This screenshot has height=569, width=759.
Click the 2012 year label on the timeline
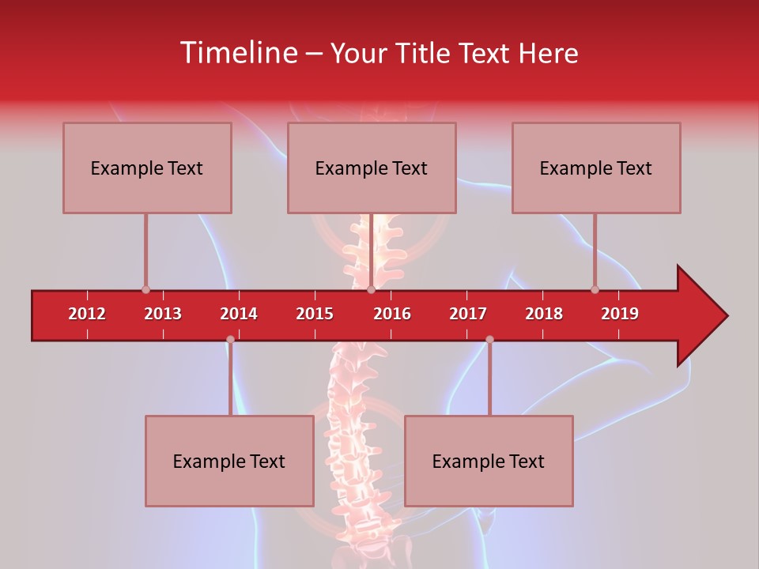(87, 314)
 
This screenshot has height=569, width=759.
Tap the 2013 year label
(163, 314)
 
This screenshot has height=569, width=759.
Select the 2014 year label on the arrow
(239, 314)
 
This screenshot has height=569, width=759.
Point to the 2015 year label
(315, 314)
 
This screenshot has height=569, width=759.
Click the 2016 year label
(392, 314)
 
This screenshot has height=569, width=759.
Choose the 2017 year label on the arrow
(468, 314)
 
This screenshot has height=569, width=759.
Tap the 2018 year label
(544, 314)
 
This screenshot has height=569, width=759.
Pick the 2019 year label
(620, 314)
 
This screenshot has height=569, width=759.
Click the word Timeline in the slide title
(238, 53)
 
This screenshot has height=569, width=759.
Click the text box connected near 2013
(147, 168)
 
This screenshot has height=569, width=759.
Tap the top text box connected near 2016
(372, 168)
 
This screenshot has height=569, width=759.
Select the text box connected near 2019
(596, 168)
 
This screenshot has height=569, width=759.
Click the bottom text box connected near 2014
(229, 461)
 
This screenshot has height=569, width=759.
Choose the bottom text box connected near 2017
(489, 461)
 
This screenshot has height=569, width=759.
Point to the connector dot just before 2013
(145, 290)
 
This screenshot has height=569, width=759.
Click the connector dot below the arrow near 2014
(230, 340)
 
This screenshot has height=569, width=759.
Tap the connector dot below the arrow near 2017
(489, 340)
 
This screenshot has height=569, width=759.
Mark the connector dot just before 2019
(595, 290)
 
